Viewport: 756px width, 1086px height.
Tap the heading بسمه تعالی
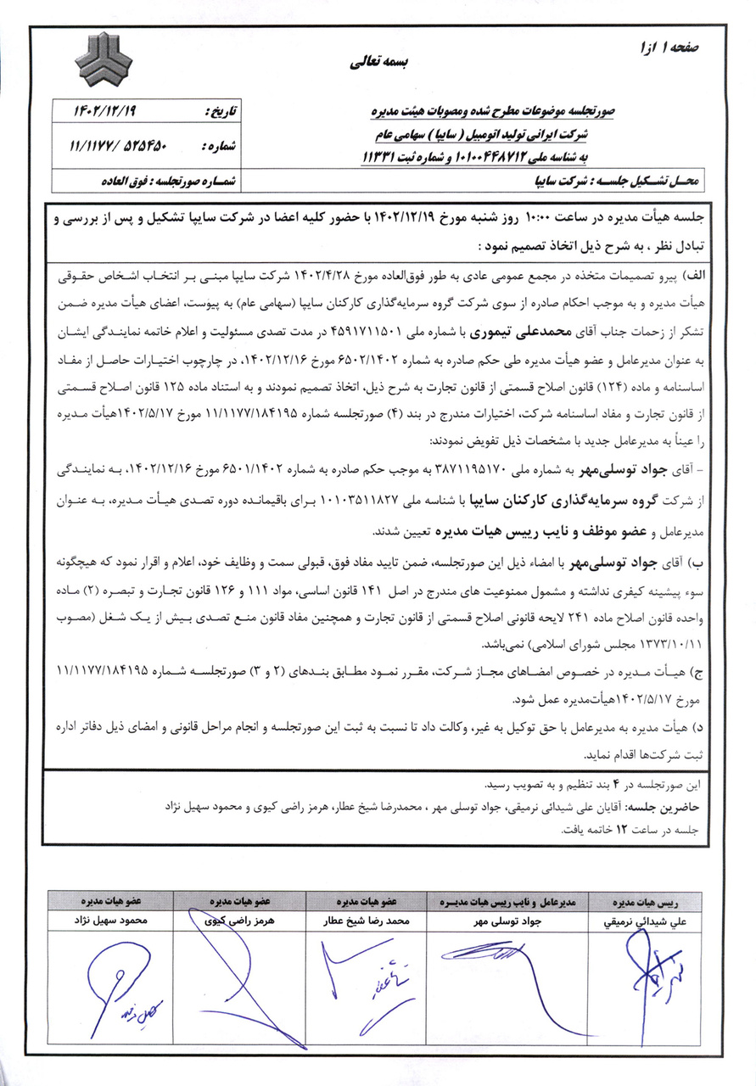[x=379, y=63]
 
